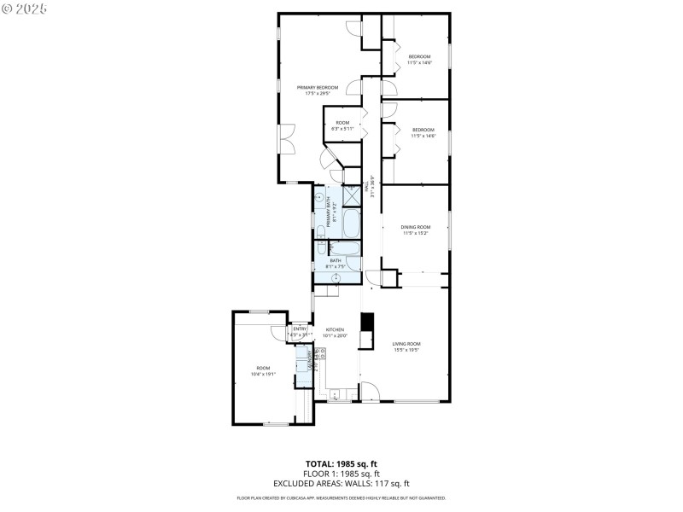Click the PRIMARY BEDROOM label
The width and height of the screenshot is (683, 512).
[x=318, y=87]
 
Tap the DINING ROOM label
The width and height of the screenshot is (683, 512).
[x=416, y=226]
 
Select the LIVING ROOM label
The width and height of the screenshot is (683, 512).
[x=406, y=344]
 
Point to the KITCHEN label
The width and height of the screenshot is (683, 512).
[x=334, y=329]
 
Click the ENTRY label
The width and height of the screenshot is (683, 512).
[x=300, y=329]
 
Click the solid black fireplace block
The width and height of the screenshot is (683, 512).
[x=368, y=322]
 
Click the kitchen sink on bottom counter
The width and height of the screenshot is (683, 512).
[x=335, y=395]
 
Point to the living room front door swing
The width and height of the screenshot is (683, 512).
[x=369, y=391]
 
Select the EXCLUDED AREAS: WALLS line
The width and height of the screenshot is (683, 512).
[x=341, y=483]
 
